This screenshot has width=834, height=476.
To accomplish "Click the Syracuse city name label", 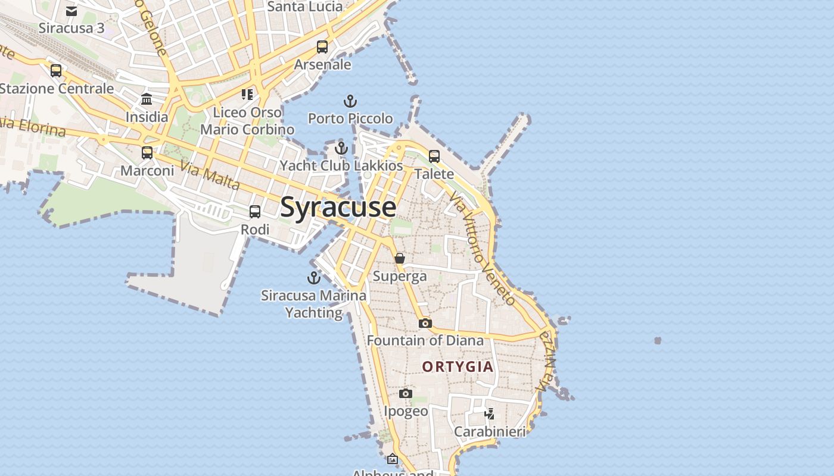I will [x=338, y=207].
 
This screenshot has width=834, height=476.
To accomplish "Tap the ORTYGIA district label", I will [x=458, y=367].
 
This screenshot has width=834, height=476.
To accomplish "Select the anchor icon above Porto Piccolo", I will [x=350, y=101].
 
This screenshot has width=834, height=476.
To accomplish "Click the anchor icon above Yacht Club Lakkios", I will [x=341, y=148].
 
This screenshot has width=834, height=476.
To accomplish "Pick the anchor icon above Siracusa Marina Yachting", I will [x=313, y=278].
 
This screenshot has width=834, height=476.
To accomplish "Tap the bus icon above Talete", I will [x=434, y=156].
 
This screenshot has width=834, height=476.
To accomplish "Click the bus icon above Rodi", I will [x=255, y=212].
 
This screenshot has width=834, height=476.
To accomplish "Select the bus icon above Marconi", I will [x=147, y=153].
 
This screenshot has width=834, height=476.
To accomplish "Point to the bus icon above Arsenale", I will [x=322, y=47].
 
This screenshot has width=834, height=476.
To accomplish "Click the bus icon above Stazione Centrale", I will [x=56, y=71].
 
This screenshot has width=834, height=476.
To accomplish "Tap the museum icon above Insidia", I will [x=147, y=99].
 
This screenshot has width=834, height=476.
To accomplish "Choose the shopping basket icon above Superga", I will [x=400, y=259].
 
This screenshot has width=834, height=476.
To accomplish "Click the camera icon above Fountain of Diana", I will [x=425, y=323].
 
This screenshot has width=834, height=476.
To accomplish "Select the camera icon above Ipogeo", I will [x=406, y=393].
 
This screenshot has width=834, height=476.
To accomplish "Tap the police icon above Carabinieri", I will [x=490, y=414].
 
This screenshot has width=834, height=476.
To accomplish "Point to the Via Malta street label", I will [x=210, y=176].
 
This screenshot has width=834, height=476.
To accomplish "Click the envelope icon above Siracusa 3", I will [x=71, y=11].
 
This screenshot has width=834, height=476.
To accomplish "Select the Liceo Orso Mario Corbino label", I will [x=247, y=121].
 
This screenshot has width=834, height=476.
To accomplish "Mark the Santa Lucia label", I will [x=305, y=7].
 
